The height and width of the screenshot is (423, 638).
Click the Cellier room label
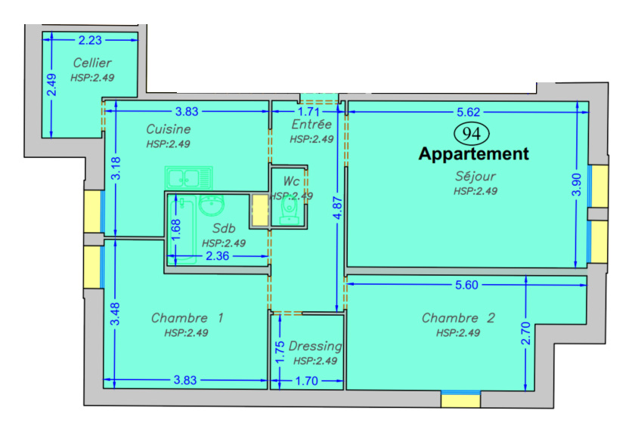point(92,63)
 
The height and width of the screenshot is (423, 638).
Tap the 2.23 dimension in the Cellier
point(90,40)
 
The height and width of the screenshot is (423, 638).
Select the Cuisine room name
point(168,129)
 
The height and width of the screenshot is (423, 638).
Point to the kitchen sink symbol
point(188,178)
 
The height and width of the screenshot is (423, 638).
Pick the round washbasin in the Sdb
point(211,205)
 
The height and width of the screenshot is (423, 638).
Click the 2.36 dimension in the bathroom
point(217,256)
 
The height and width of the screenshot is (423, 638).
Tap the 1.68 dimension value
point(176,230)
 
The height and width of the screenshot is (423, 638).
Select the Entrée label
point(311,124)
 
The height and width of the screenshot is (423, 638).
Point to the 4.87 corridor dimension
point(338,208)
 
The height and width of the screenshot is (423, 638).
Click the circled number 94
point(471,134)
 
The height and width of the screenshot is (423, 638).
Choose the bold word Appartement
point(474,154)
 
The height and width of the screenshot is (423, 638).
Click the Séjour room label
point(475,176)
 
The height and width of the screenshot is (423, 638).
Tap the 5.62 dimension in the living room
point(469,112)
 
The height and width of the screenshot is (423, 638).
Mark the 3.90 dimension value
point(576,184)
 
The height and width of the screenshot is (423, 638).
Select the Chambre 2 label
point(458,318)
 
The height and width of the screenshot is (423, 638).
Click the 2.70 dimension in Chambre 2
point(525,333)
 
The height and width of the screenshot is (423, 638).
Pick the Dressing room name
point(315,346)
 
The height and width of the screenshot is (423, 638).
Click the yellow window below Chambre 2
point(460,400)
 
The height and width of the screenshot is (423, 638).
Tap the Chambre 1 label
point(187,318)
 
